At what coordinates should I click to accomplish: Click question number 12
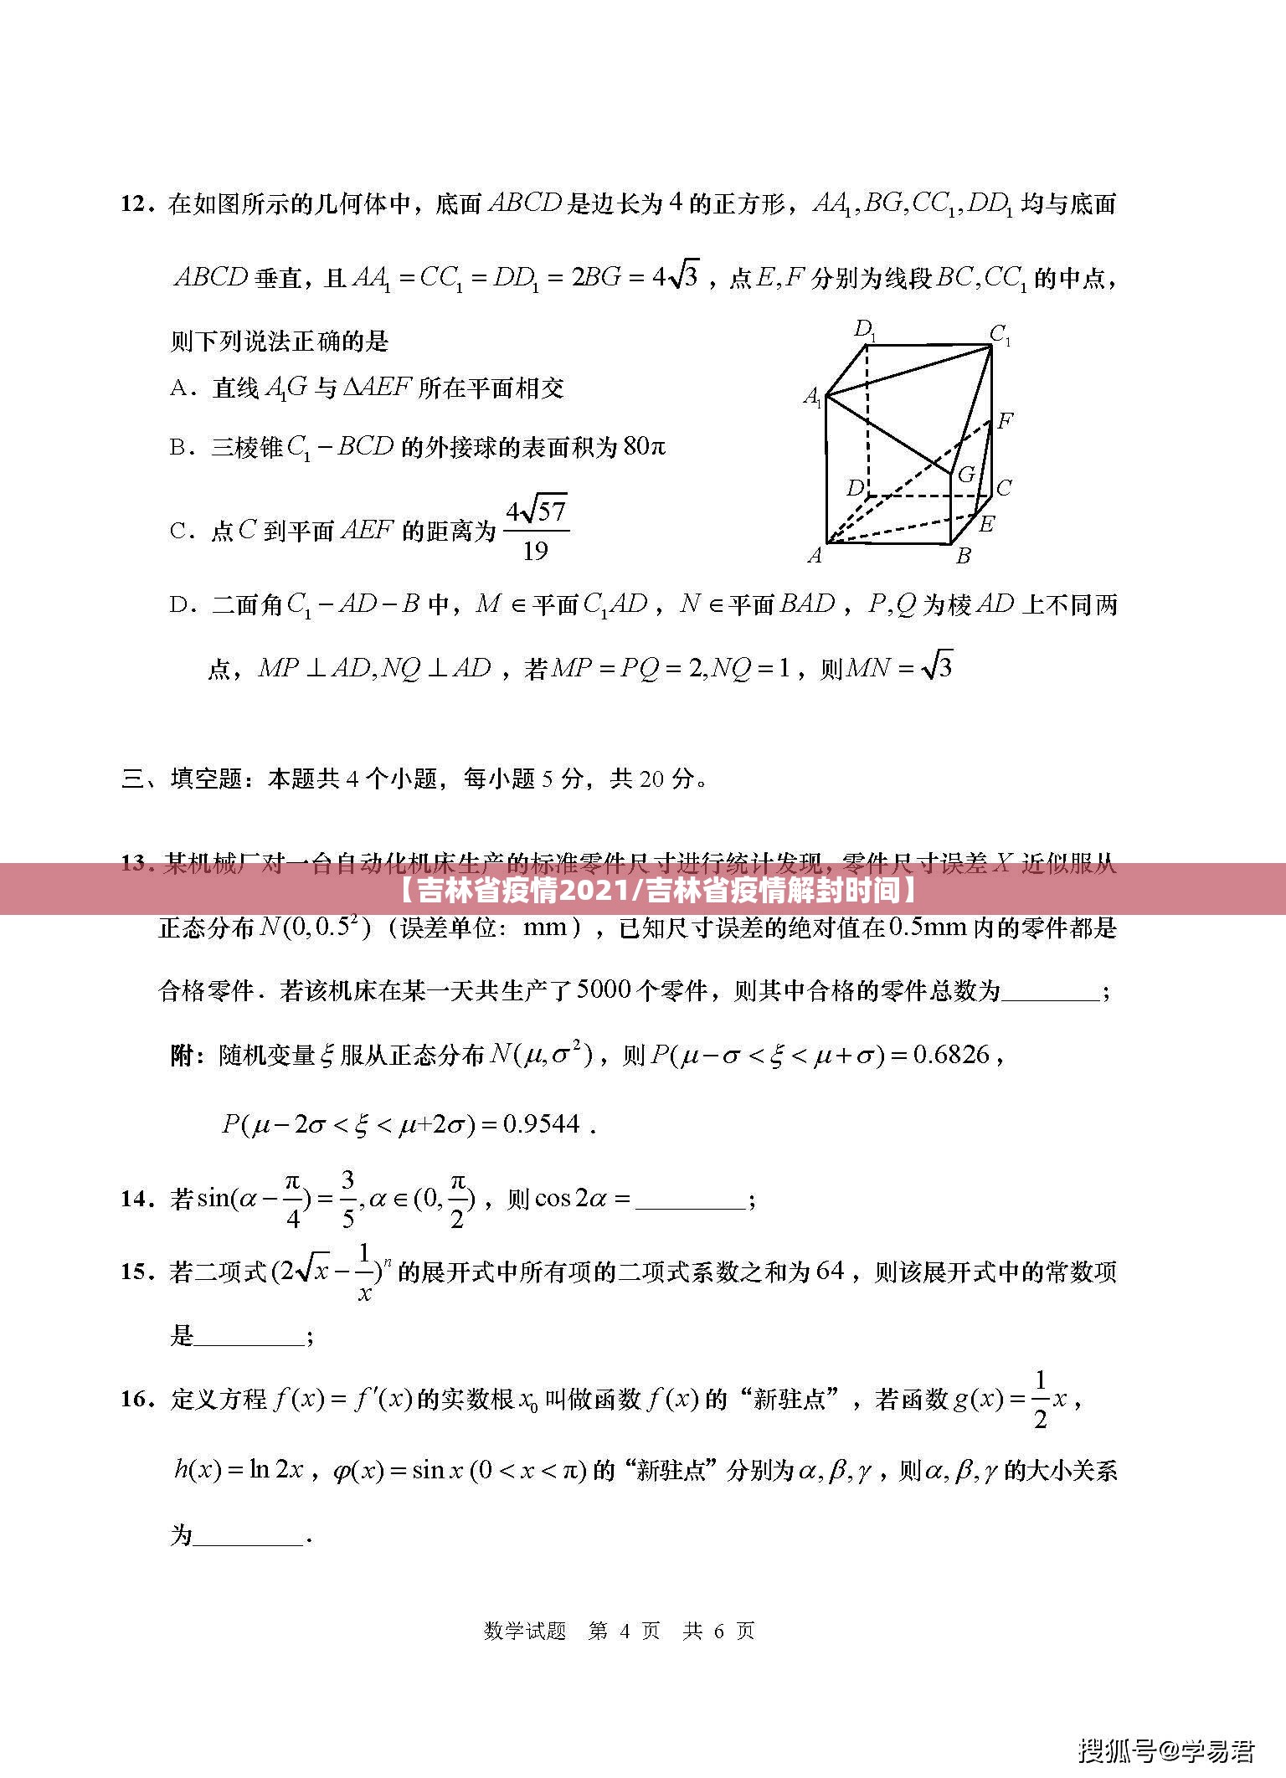click(137, 204)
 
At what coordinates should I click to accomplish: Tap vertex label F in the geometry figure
click(1006, 420)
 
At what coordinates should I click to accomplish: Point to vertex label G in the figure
click(966, 475)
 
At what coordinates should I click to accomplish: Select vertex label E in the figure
click(986, 524)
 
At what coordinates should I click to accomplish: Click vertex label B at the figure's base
click(964, 554)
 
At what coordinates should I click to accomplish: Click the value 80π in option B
click(644, 447)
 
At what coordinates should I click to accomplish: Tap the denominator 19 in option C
click(535, 551)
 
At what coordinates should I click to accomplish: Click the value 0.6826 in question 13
click(951, 1055)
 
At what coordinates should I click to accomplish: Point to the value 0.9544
click(541, 1124)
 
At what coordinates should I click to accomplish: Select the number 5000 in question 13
click(604, 991)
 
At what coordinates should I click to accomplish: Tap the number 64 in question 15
click(830, 1271)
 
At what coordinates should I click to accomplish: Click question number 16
click(137, 1399)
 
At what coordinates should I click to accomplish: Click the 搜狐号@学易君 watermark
click(1166, 1748)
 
